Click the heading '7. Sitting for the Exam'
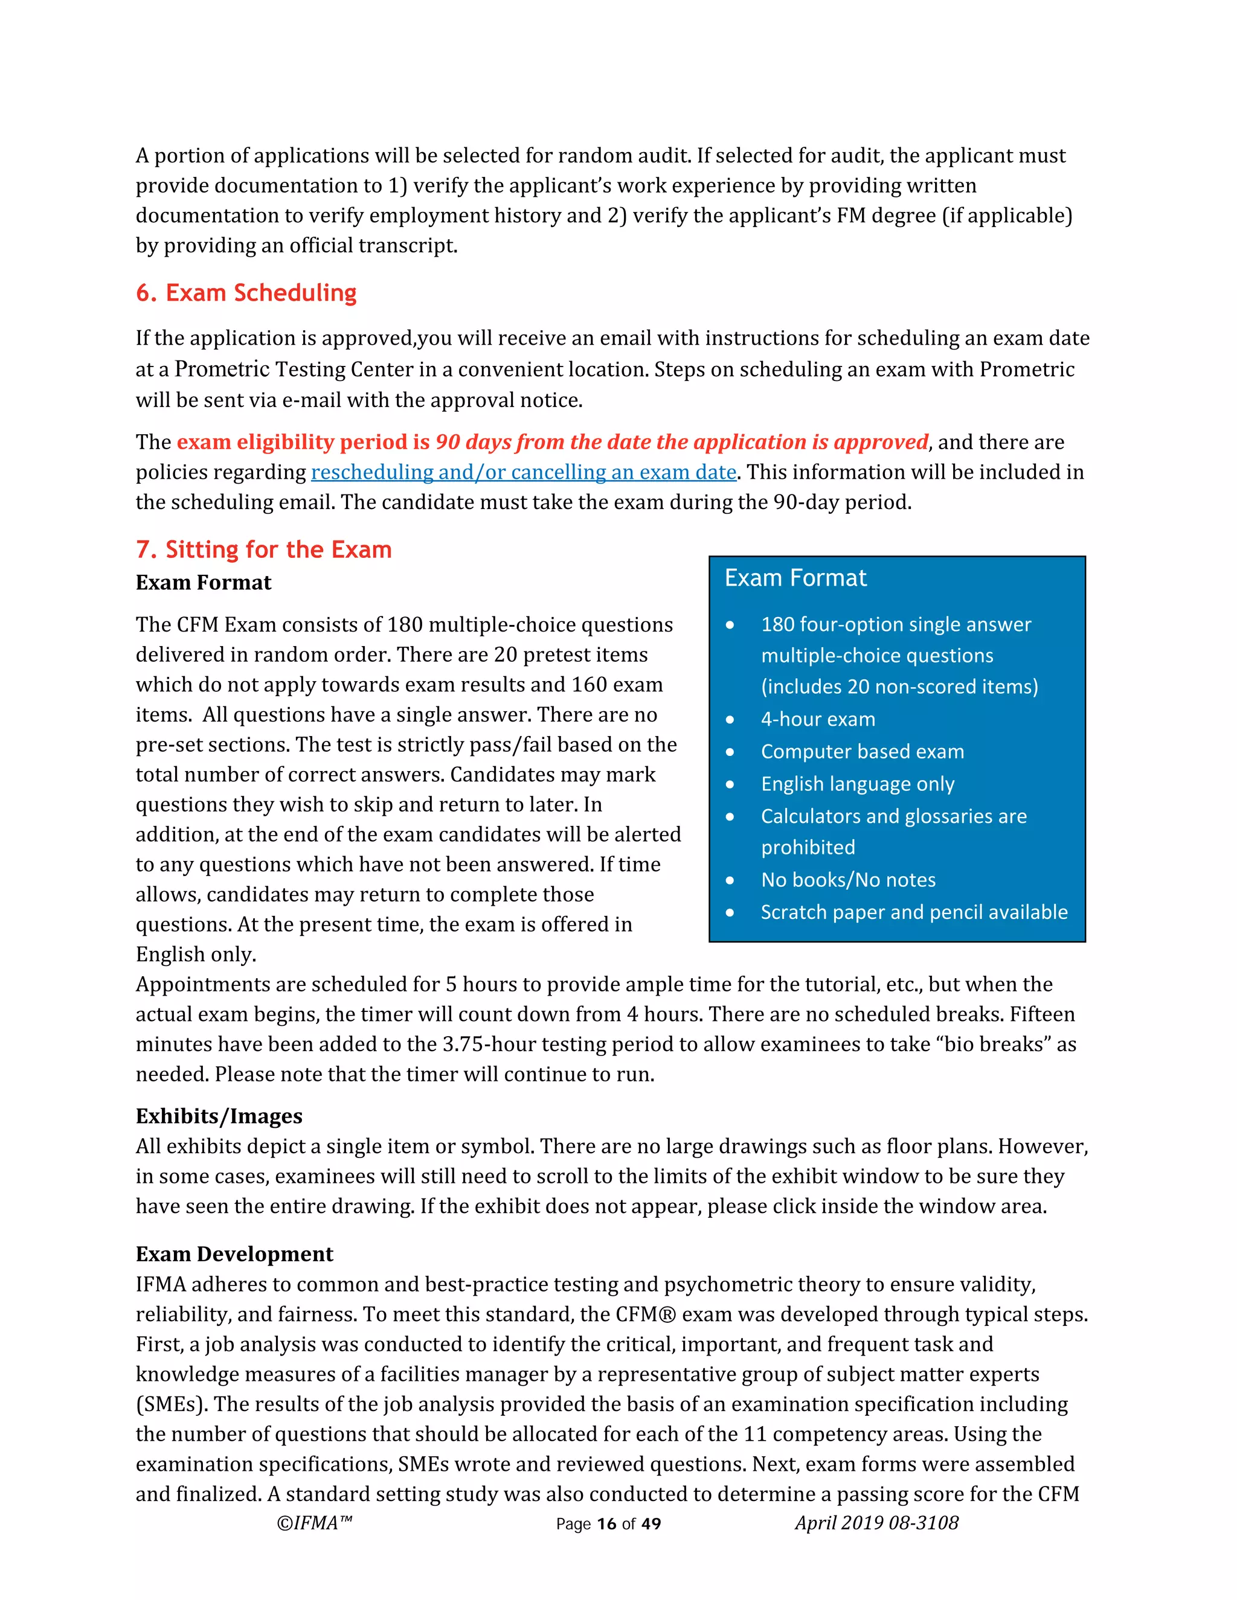coord(263,549)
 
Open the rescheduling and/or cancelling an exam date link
coord(523,473)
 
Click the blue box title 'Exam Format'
coord(795,578)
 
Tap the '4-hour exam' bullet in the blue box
coord(818,720)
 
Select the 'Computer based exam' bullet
coord(862,752)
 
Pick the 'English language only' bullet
coord(858,784)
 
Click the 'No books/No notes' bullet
coord(848,880)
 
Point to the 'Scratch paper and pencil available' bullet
coord(914,912)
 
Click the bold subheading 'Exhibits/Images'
coord(219,1116)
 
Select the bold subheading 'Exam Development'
coord(234,1253)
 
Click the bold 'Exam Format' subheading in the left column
coord(203,583)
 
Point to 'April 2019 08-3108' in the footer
coord(876,1523)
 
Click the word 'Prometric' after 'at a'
coord(222,370)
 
